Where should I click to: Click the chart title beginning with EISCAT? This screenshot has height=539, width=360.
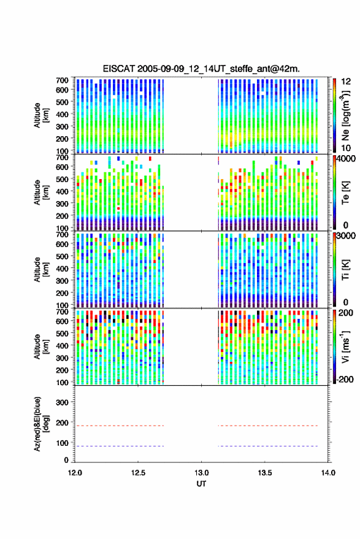(x=201, y=69)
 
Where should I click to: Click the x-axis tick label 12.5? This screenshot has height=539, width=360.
(x=138, y=473)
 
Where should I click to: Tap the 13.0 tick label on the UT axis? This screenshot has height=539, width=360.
(x=202, y=473)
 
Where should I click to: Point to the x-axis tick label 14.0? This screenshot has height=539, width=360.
(x=328, y=473)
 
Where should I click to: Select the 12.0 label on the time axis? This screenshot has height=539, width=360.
(x=75, y=473)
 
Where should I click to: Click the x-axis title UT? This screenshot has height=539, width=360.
(x=202, y=484)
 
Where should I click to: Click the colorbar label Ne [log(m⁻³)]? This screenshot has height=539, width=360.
(x=345, y=115)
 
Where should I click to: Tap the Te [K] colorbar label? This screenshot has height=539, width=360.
(x=345, y=193)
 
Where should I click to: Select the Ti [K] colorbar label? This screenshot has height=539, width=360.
(x=345, y=270)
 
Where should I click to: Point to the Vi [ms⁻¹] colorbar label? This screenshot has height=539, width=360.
(x=345, y=347)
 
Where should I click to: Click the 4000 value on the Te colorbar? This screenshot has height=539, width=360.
(x=347, y=159)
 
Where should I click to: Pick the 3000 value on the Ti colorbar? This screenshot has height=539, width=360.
(x=347, y=236)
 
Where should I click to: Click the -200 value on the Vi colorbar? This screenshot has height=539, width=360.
(x=345, y=380)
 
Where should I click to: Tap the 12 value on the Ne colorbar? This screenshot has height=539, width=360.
(x=347, y=82)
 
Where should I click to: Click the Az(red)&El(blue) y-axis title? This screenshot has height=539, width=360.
(x=41, y=424)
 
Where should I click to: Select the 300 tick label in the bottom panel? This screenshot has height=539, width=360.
(x=62, y=402)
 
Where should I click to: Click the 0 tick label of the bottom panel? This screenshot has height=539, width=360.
(x=66, y=460)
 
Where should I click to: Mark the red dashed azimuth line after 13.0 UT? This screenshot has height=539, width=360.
(x=268, y=426)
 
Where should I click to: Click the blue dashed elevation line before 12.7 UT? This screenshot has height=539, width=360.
(x=120, y=446)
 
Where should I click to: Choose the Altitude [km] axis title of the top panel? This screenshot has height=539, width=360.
(x=41, y=115)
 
